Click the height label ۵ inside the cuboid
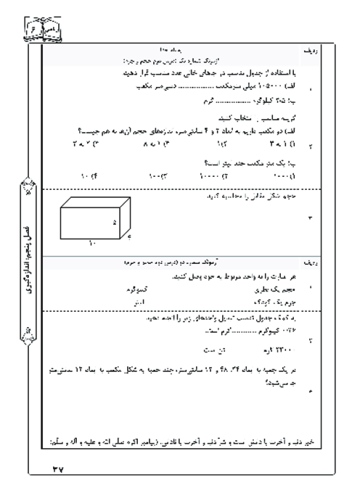[115, 223]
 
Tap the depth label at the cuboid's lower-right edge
[129, 236]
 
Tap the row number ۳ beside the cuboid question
[310, 217]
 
